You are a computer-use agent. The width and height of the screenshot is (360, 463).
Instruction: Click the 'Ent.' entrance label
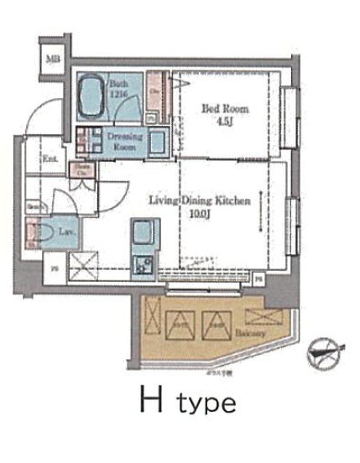pyautogui.click(x=50, y=158)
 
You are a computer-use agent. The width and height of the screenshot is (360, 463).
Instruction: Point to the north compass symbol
pyautogui.click(x=326, y=350)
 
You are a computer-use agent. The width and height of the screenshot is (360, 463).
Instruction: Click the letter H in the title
pyautogui.click(x=150, y=401)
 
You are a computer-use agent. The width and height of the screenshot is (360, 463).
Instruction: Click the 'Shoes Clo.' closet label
pyautogui.click(x=83, y=170)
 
